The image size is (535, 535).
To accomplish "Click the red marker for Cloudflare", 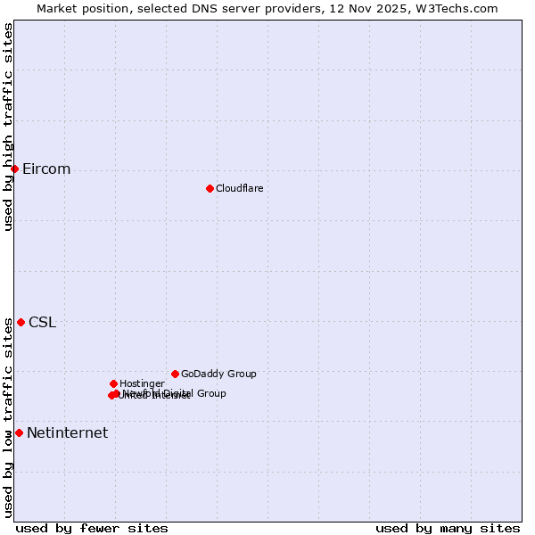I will [x=210, y=188].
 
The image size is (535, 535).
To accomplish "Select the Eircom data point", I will [x=14, y=169].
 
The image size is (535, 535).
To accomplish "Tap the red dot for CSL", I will [x=21, y=322].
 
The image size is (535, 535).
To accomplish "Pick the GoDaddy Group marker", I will [x=175, y=374].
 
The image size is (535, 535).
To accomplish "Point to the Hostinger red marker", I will [x=113, y=383].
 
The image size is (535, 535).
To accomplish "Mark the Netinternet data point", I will [x=19, y=432].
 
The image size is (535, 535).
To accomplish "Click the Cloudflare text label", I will [x=239, y=188].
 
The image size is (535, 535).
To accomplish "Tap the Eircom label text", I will [x=46, y=169].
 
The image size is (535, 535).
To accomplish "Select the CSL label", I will [x=42, y=323].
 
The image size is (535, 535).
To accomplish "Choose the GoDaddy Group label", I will [x=218, y=374].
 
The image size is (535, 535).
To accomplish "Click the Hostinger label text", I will [x=142, y=383].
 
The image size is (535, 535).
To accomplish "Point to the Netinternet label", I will [x=67, y=433].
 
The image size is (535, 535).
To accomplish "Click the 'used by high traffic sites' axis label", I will [x=9, y=126].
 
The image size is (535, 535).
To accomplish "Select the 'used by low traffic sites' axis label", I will [x=9, y=417].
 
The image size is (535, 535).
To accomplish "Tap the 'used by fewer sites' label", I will [x=92, y=528].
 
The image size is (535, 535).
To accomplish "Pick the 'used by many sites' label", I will [x=448, y=528].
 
